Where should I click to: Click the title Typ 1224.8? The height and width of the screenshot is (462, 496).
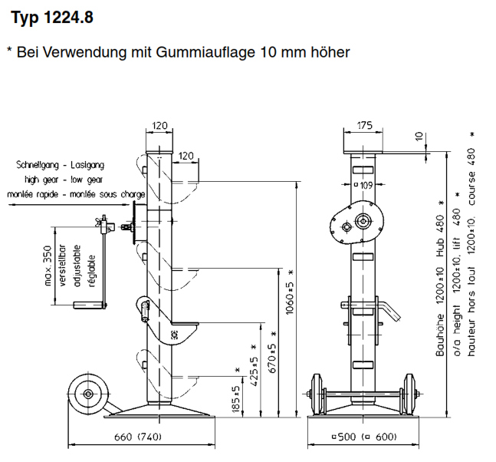click(52, 17)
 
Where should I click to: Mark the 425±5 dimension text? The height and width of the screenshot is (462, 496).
click(255, 371)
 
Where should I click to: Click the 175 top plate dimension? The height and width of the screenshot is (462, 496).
click(364, 126)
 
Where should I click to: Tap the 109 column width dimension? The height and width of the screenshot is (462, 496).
click(366, 185)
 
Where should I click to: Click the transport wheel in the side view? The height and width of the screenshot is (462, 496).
click(87, 394)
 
